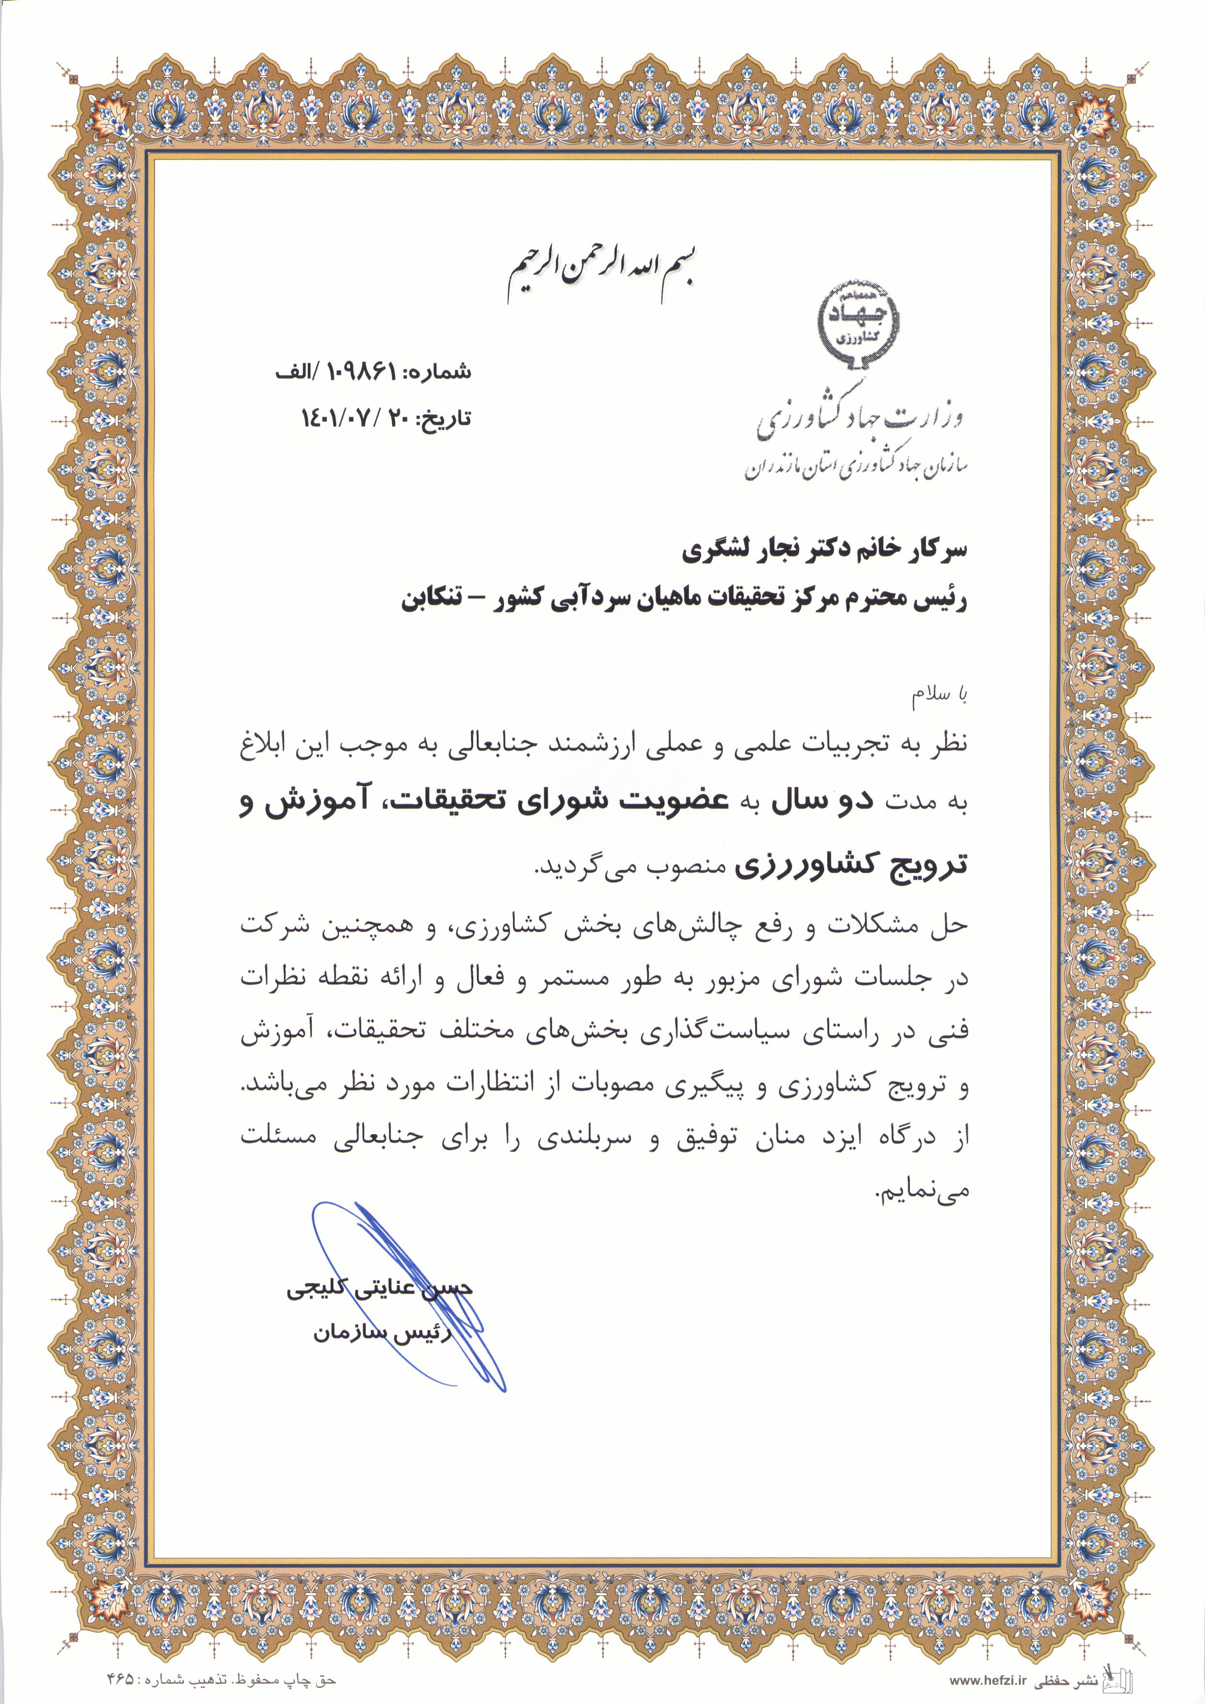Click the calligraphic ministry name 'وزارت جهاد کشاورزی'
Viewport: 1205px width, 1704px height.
tap(860, 415)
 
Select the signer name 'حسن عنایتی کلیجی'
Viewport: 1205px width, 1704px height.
tap(379, 1289)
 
